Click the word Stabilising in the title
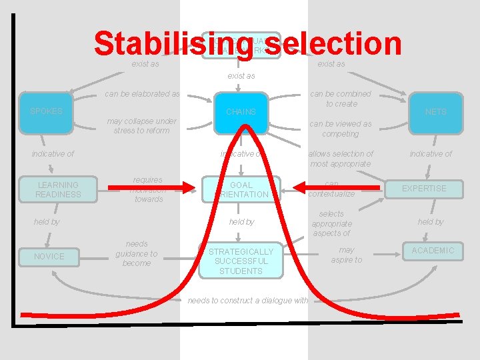(x=151, y=44)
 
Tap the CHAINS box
(x=241, y=112)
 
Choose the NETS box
(x=435, y=112)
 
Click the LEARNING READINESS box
(x=58, y=190)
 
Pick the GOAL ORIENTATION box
(x=241, y=190)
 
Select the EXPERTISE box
(x=424, y=189)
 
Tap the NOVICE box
(x=49, y=257)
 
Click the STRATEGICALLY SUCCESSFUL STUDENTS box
(x=241, y=261)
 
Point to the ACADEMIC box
(x=432, y=251)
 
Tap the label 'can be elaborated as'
(x=142, y=94)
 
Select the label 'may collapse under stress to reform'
(x=141, y=126)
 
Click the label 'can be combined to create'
(x=341, y=99)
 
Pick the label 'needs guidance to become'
(x=136, y=253)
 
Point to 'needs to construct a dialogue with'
(x=248, y=301)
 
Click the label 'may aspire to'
(x=347, y=255)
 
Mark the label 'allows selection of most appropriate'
(x=341, y=159)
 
